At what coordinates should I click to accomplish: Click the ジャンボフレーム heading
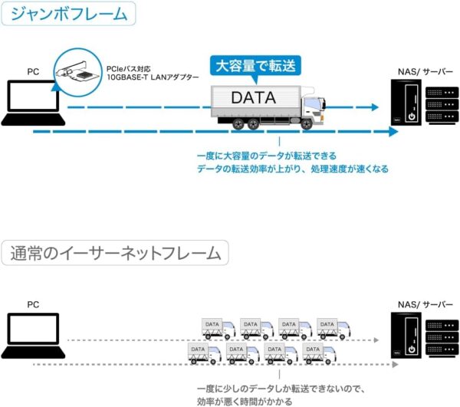click(69, 13)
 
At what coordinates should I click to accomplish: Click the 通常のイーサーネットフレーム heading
click(116, 253)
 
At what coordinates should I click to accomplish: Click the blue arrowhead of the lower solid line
click(393, 132)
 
